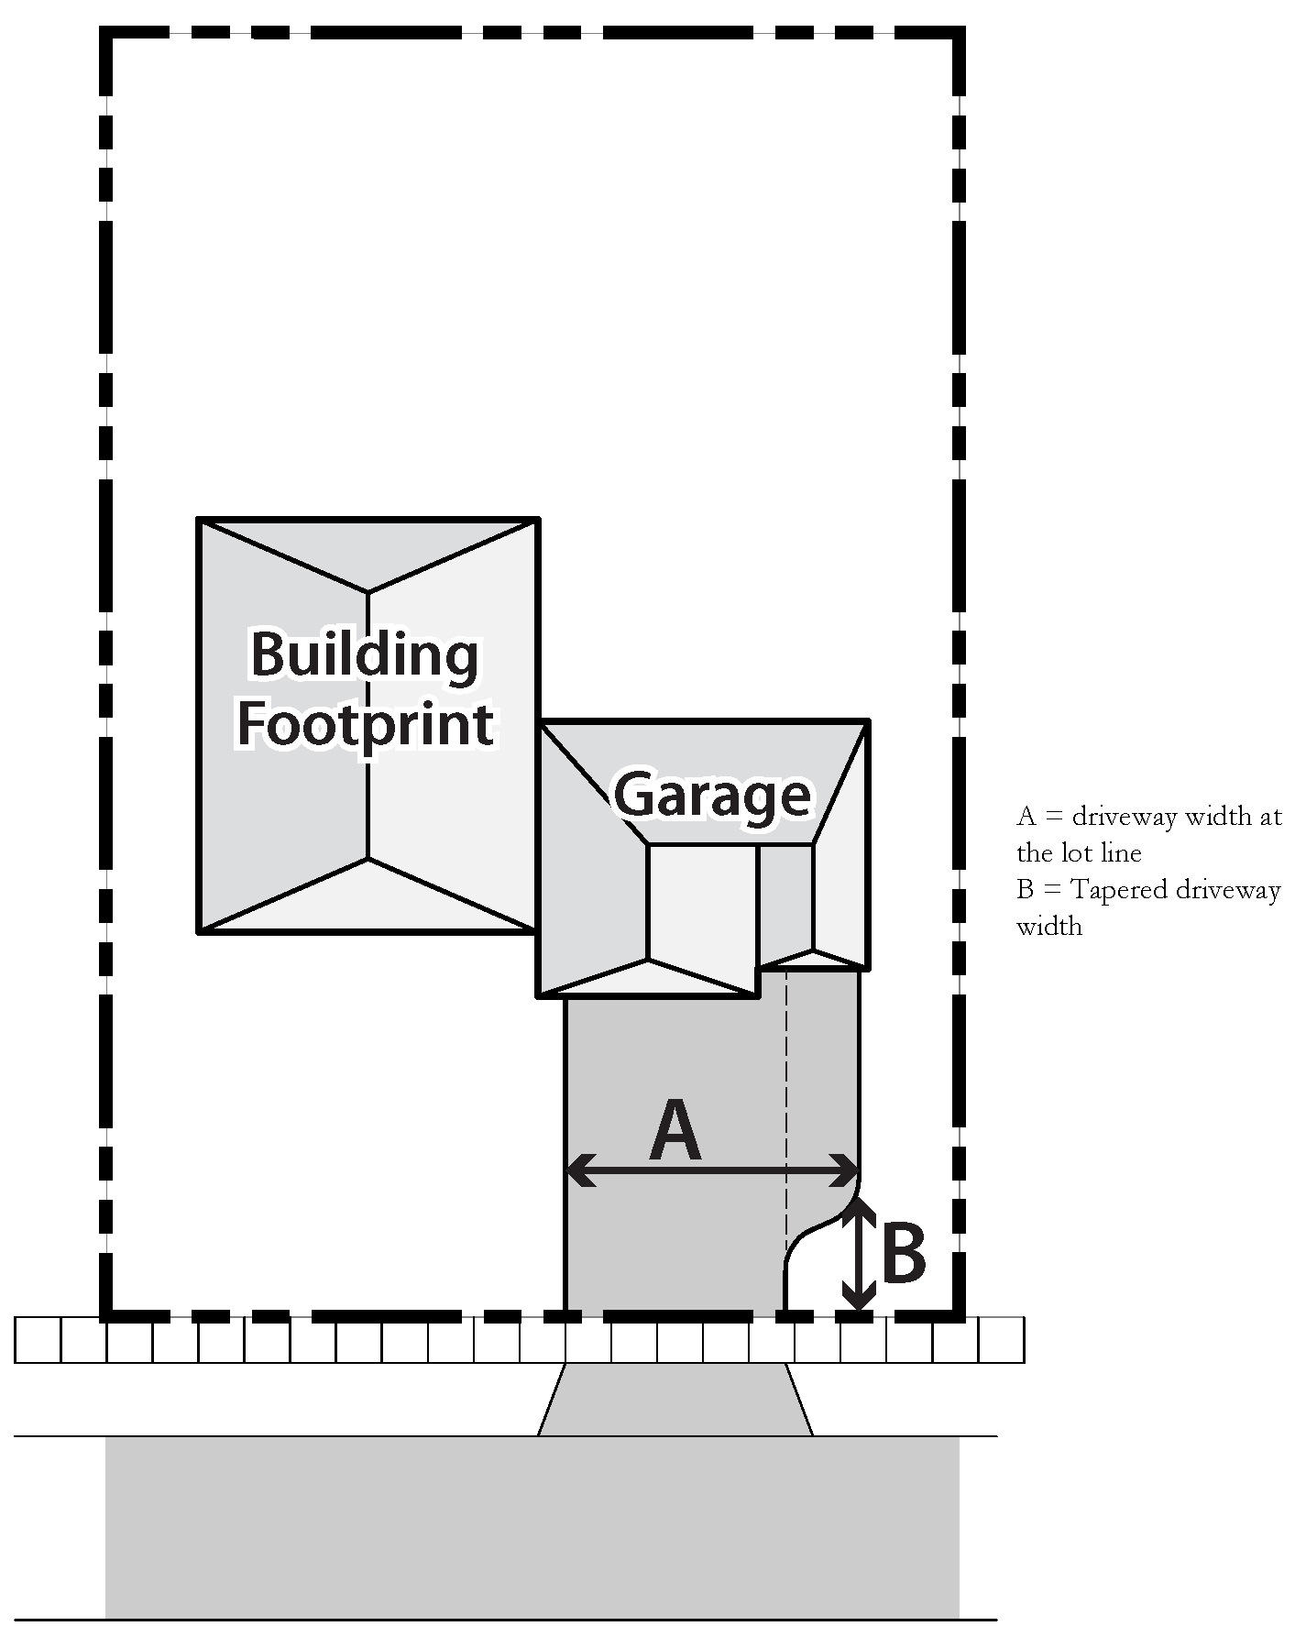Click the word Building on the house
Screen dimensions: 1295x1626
point(365,654)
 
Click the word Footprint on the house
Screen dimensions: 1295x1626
point(365,724)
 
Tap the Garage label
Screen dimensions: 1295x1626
point(712,794)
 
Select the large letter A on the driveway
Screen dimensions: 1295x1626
point(675,1133)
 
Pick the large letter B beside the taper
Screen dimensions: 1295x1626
point(903,1254)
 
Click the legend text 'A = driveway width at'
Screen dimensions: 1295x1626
point(1148,817)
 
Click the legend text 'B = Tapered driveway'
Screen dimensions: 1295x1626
point(1148,890)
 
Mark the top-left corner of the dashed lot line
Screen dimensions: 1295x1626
point(107,34)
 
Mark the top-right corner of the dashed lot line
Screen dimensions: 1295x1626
point(959,34)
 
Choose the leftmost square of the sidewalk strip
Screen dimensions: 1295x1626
point(38,1341)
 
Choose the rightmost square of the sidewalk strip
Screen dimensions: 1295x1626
point(1002,1341)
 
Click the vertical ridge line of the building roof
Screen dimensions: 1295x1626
point(368,724)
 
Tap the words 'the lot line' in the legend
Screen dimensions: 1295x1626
point(1079,853)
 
